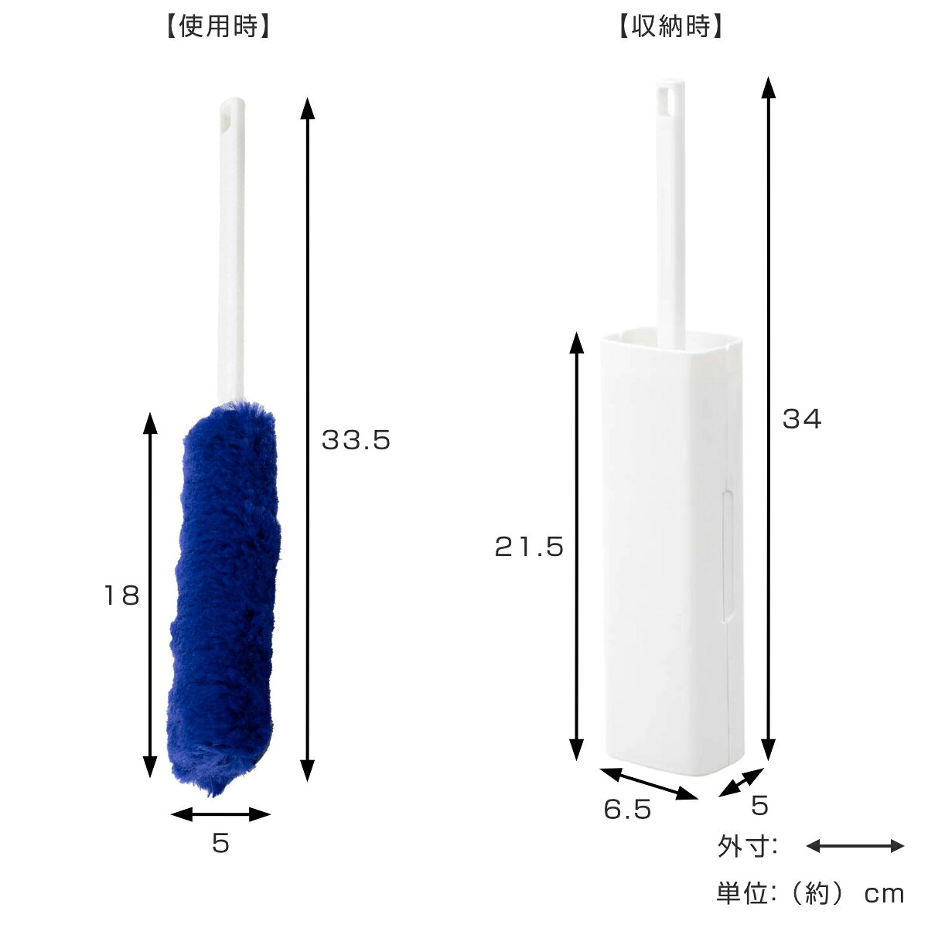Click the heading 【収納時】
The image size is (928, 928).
click(x=670, y=26)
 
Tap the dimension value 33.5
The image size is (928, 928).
click(x=356, y=440)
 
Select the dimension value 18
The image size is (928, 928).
click(x=122, y=595)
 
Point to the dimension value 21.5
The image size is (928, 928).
click(x=529, y=547)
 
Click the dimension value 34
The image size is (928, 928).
click(x=802, y=418)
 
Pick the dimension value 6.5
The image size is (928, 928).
click(x=627, y=809)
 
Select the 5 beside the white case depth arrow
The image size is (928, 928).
click(x=759, y=805)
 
